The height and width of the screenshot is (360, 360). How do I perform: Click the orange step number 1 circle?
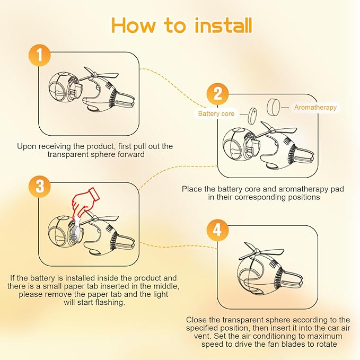pos(39,55)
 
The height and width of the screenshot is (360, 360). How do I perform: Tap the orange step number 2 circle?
pos(217,94)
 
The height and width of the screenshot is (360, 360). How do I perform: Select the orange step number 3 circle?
pos(39,186)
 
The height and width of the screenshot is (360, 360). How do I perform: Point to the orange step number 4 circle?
pos(217,230)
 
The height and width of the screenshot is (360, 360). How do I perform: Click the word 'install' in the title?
pos(223,25)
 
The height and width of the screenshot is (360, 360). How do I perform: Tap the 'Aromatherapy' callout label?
pos(315,107)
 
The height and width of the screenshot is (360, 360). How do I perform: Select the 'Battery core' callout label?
pos(216,113)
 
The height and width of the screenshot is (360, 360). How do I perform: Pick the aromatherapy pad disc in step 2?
pos(274,107)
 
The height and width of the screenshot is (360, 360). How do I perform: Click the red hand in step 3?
pos(84,200)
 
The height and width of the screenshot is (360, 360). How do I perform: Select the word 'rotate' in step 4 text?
pos(326,344)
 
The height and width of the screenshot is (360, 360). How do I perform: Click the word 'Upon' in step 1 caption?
pos(25,147)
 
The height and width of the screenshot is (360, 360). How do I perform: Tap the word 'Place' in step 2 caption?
pos(192,189)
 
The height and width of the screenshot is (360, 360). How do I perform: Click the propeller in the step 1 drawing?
pos(99,74)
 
